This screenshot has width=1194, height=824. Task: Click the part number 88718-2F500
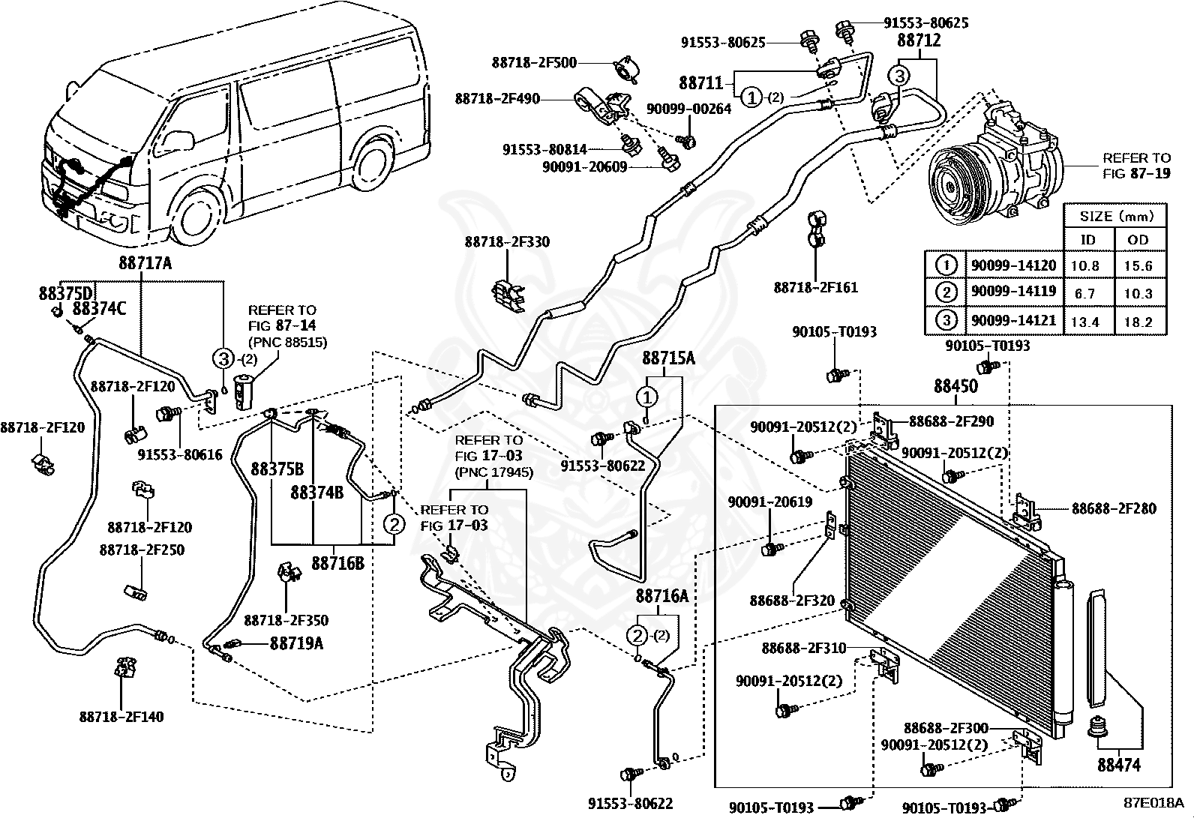[x=534, y=63]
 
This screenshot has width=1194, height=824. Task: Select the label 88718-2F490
[x=497, y=99]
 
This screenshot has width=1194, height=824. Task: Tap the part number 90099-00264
[x=688, y=109]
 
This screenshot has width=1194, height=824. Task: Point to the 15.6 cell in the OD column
[x=1138, y=265]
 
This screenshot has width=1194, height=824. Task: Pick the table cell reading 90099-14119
[x=1013, y=292]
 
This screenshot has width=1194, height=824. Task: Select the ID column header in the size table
[x=1087, y=240]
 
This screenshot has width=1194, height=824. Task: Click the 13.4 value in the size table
[x=1084, y=322]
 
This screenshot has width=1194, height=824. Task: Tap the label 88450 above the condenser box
[x=955, y=386]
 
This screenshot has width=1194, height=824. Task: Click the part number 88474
[x=1119, y=765]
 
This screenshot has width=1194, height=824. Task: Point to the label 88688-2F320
[x=792, y=601]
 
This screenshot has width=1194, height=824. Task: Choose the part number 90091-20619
[x=770, y=502]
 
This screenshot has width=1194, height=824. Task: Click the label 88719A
[x=296, y=643]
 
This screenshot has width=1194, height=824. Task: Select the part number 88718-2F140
[x=121, y=717]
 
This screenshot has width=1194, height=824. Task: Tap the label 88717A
[x=145, y=262]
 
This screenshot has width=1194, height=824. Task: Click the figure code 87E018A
[x=1153, y=802]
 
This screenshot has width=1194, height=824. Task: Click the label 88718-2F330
[x=507, y=241]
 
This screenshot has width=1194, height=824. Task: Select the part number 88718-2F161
[x=815, y=288]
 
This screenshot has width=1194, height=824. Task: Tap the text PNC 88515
[x=287, y=342]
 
